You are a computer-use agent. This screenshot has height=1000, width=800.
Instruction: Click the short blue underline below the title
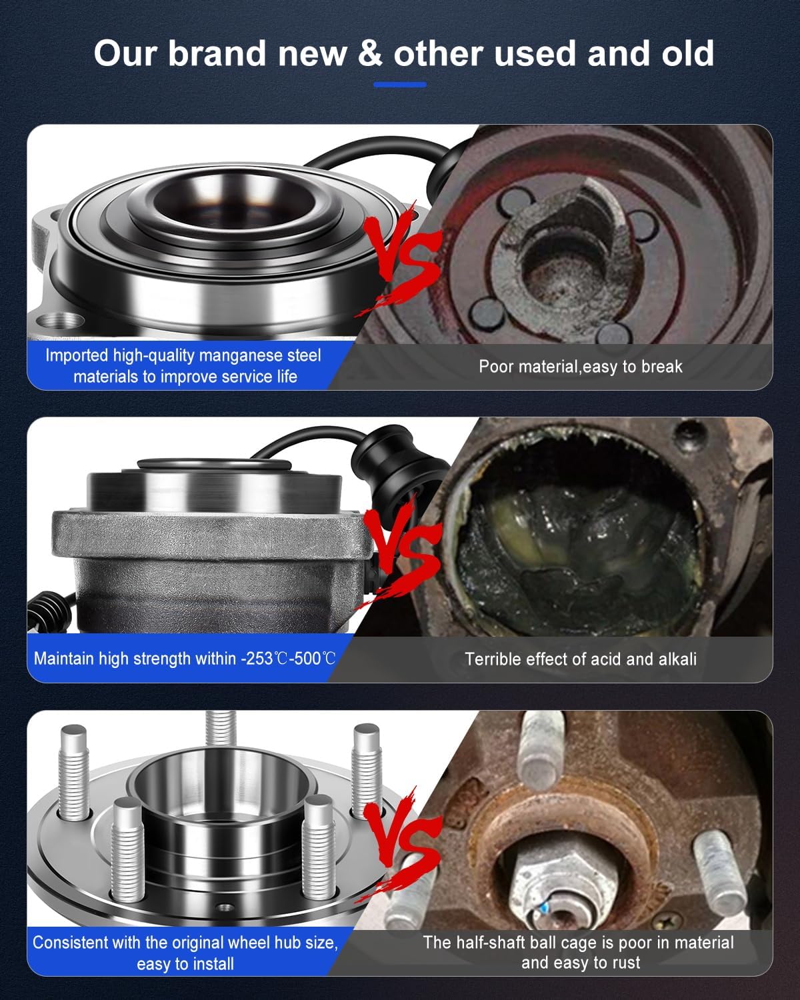click(399, 85)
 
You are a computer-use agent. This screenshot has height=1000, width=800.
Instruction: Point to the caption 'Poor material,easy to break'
click(580, 366)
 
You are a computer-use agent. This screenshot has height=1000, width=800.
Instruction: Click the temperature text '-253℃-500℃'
click(288, 659)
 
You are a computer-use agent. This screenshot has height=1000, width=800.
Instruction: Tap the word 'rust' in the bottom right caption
click(624, 962)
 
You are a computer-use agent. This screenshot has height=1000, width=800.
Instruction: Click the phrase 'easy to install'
click(185, 963)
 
